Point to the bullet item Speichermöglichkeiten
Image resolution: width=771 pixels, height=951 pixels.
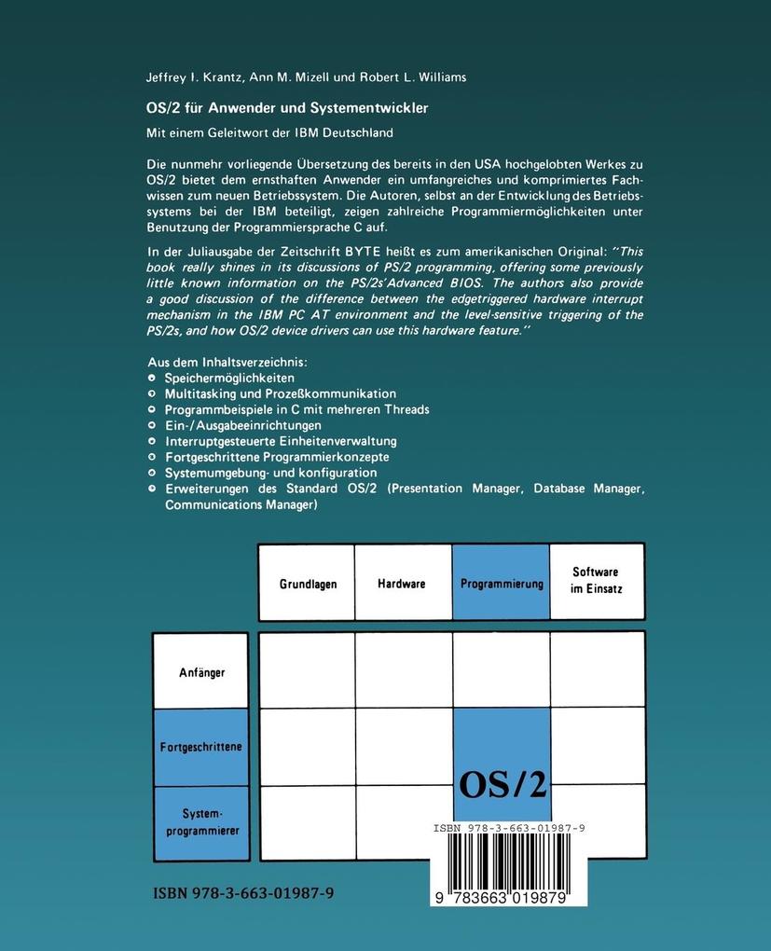[229, 379]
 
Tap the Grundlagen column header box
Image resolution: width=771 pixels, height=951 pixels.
[308, 584]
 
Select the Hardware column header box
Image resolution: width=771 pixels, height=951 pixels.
[402, 584]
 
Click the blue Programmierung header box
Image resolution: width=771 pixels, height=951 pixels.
[502, 584]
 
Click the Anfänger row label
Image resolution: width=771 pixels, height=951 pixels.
[201, 671]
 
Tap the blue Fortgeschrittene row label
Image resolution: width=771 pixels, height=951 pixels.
[201, 747]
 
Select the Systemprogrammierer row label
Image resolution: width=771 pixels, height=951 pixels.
[201, 822]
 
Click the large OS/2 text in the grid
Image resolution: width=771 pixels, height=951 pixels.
[502, 785]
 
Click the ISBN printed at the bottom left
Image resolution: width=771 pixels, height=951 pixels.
[243, 892]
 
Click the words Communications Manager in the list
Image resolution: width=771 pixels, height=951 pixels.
[241, 504]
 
